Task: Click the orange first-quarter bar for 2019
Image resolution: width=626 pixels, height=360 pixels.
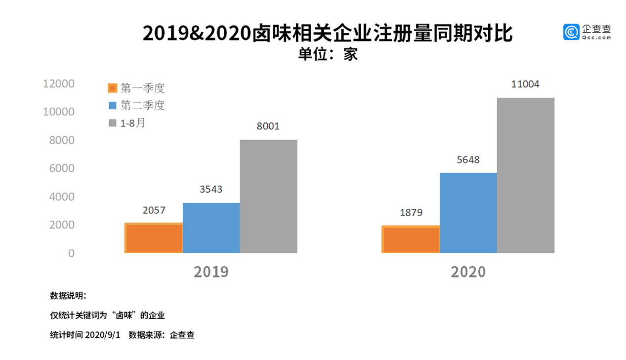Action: (x=154, y=238)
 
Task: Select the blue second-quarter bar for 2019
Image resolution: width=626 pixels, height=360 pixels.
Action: (x=211, y=228)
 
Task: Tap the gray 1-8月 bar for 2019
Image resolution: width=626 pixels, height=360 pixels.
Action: (x=268, y=196)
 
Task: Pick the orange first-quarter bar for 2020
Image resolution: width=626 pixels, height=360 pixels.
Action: (x=411, y=240)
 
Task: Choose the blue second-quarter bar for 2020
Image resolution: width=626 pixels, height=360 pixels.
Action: (x=468, y=213)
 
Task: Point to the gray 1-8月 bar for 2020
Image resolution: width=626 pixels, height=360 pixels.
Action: (x=525, y=175)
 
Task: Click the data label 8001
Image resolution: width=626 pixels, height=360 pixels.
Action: (x=268, y=126)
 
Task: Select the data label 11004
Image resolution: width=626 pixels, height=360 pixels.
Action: (x=525, y=84)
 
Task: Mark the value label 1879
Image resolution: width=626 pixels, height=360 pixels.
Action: (x=411, y=213)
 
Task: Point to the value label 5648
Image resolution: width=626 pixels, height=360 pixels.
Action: (x=468, y=160)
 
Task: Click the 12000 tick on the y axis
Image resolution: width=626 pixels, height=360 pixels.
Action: (x=59, y=84)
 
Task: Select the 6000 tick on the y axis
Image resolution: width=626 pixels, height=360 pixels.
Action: (x=62, y=168)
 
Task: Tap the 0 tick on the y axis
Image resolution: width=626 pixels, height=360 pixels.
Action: (x=71, y=253)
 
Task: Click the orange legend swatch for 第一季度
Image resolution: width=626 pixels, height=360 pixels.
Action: (x=113, y=88)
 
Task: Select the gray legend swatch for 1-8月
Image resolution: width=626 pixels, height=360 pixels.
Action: (x=113, y=122)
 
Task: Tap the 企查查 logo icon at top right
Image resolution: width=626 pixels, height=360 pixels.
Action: (x=571, y=32)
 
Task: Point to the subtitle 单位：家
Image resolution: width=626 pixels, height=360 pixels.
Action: (x=327, y=54)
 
